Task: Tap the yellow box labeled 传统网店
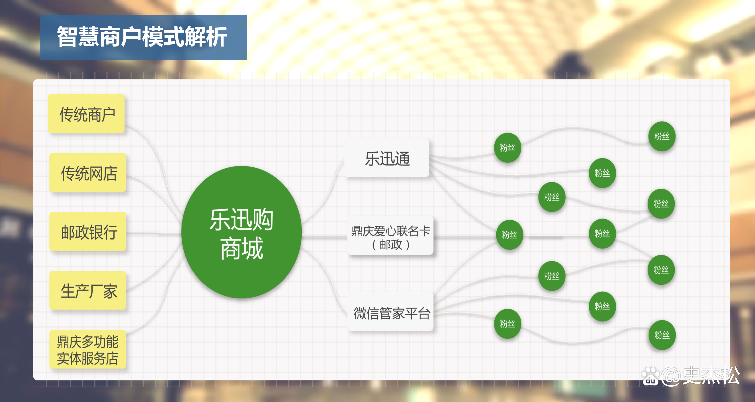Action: (88, 173)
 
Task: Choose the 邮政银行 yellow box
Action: (88, 232)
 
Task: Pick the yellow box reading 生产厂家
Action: (88, 291)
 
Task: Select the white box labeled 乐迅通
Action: (387, 158)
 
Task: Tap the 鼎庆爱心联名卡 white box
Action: (390, 231)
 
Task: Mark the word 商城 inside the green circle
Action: (242, 248)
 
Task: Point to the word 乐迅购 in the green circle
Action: (242, 219)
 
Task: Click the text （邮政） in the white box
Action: (390, 245)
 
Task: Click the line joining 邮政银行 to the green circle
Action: (154, 234)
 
